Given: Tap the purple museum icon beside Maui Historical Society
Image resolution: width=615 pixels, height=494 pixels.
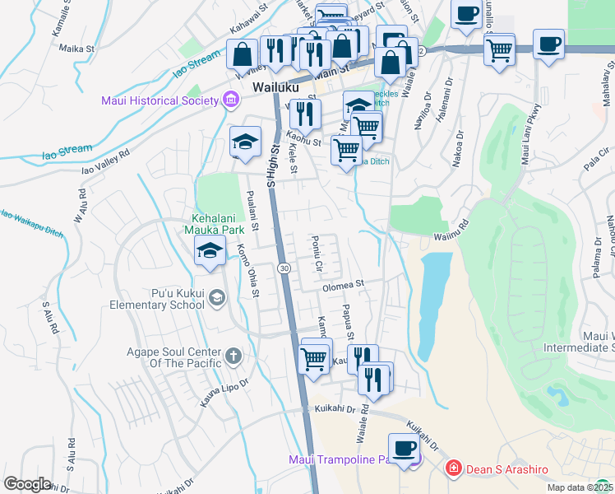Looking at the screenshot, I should click(231, 100).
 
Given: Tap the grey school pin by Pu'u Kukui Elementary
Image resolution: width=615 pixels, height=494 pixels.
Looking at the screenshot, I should click(217, 297).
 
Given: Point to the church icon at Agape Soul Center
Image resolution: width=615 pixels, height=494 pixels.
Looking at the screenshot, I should click(234, 357).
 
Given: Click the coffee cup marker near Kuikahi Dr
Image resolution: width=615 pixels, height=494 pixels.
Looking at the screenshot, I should click(403, 448).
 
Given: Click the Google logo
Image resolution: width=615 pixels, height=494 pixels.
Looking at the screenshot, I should click(27, 484).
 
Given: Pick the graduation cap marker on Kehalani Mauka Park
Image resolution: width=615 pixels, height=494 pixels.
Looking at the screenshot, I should click(211, 250).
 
